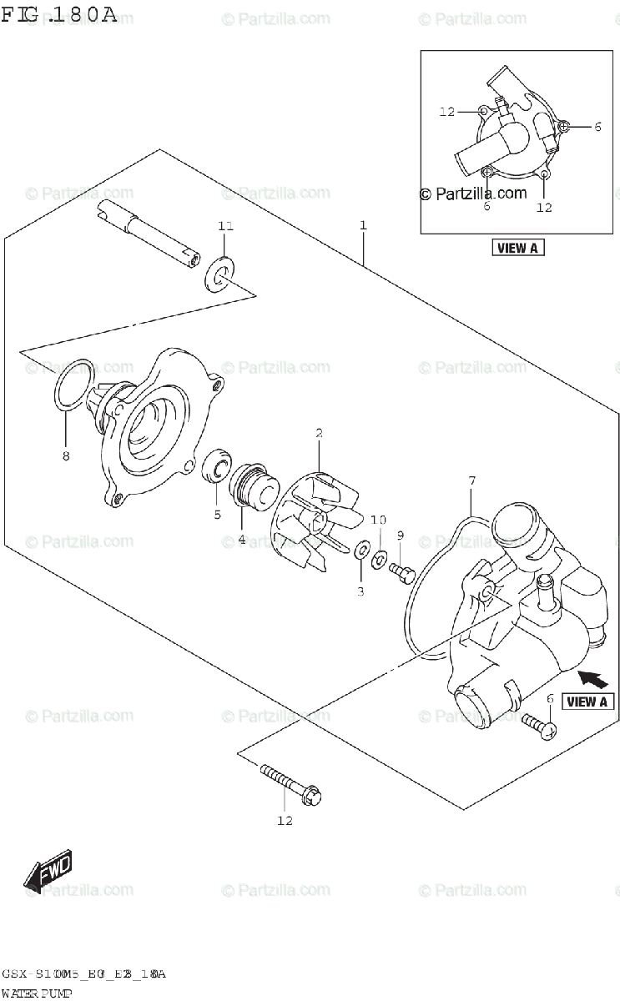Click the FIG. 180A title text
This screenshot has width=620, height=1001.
pos(59,14)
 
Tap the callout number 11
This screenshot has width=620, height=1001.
pos(226,227)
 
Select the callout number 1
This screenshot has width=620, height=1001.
pos(364,225)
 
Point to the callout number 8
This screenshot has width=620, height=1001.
pos(65,455)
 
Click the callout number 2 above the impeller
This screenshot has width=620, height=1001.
pos(319,433)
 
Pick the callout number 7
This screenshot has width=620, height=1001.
pos(471,480)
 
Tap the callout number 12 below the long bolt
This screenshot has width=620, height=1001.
pos(285,821)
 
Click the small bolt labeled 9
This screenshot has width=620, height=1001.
pos(401,571)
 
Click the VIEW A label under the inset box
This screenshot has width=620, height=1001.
pos(518,247)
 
